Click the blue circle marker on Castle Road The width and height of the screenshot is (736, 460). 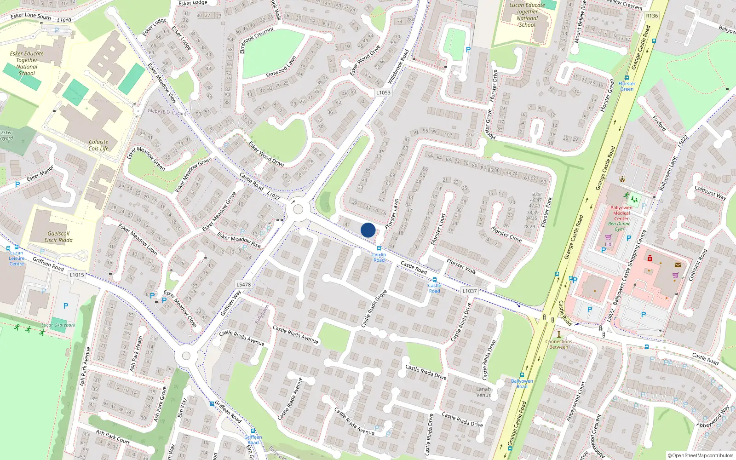(x=368, y=230)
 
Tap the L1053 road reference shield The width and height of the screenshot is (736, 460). (x=383, y=92)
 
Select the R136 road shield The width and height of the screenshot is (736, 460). (x=652, y=16)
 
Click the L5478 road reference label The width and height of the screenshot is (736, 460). (x=244, y=284)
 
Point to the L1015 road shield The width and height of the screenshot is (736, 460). (x=77, y=275)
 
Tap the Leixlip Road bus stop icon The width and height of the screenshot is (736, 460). (x=379, y=248)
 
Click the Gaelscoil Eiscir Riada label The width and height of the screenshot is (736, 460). (x=58, y=236)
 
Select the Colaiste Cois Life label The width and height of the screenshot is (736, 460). (x=98, y=145)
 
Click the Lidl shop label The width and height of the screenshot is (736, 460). (x=609, y=244)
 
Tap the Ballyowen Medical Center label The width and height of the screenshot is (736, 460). (x=621, y=213)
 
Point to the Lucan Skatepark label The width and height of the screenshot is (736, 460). (x=58, y=325)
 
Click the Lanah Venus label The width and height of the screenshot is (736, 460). (x=483, y=392)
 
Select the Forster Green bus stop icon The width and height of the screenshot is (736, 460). (x=627, y=78)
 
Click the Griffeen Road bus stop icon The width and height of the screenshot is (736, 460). (x=253, y=431)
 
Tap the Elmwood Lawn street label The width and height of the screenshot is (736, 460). (x=281, y=67)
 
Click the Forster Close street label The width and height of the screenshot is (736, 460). (x=506, y=234)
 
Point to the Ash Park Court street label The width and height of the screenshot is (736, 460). (x=113, y=437)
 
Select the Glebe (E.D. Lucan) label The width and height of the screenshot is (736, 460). (x=167, y=112)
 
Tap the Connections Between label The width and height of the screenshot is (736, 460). (x=559, y=344)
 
